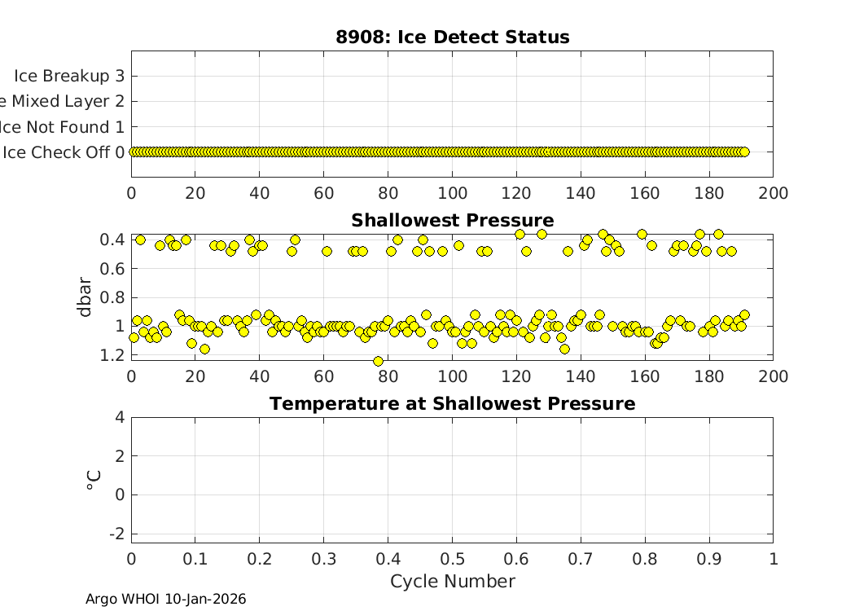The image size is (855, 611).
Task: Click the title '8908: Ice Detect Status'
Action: coord(452,37)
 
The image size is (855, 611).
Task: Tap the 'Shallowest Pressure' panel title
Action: coord(452,221)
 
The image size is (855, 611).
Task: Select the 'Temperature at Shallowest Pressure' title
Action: coord(452,404)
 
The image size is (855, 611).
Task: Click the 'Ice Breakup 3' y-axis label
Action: coord(69,76)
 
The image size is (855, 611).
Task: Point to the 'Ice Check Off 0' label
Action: coord(64,152)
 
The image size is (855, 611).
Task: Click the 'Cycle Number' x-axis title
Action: coord(452,582)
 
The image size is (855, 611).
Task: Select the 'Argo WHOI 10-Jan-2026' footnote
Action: coord(165,600)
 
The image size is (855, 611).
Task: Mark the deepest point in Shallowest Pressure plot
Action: coord(378,361)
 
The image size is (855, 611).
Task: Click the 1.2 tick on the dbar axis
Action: coord(114,355)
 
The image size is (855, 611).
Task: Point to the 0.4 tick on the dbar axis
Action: coord(114,240)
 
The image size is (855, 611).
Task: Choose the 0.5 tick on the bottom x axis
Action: coord(452,559)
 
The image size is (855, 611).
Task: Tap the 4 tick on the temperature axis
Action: coord(119,417)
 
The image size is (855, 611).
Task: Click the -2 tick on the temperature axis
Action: coord(115,533)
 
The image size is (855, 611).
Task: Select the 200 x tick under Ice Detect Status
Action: coord(773,193)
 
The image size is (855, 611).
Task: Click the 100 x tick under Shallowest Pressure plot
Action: coord(452,376)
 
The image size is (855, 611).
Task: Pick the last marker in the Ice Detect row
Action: coord(743,152)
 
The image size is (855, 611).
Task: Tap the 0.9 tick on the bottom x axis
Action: coord(708,559)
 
